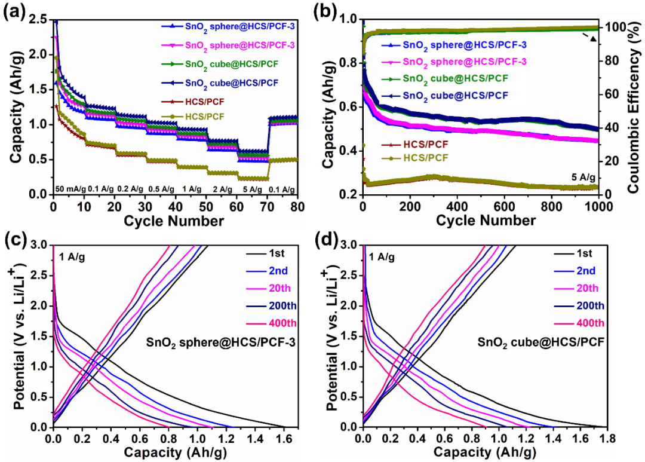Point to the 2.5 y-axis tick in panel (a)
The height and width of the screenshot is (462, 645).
point(38,20)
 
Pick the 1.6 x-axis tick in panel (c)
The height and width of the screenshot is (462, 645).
point(284,438)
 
